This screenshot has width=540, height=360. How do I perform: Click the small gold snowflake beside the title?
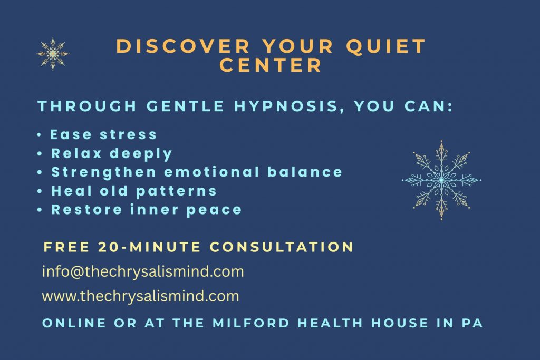pyautogui.click(x=53, y=54)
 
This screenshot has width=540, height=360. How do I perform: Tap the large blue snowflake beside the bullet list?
pyautogui.click(x=441, y=180)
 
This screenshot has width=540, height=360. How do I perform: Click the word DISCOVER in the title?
pyautogui.click(x=183, y=46)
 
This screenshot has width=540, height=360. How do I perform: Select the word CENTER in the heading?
pyautogui.click(x=271, y=65)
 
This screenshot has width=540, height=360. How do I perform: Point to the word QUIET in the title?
pyautogui.click(x=386, y=46)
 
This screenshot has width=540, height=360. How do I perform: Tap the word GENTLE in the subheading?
pyautogui.click(x=185, y=106)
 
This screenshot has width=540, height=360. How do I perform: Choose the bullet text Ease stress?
pyautogui.click(x=104, y=134)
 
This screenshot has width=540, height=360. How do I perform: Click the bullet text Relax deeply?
pyautogui.click(x=112, y=154)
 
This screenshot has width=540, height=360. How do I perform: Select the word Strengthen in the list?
pyautogui.click(x=104, y=172)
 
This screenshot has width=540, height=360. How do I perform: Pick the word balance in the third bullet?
pyautogui.click(x=305, y=172)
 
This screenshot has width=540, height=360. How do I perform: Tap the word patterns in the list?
pyautogui.click(x=176, y=191)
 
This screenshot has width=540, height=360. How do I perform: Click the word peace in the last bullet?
pyautogui.click(x=214, y=210)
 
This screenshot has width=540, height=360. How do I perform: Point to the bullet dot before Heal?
pyautogui.click(x=40, y=191)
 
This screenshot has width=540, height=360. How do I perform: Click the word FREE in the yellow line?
pyautogui.click(x=67, y=247)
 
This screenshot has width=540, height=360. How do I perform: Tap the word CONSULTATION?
pyautogui.click(x=282, y=247)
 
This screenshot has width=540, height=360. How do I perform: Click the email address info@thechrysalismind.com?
pyautogui.click(x=143, y=271)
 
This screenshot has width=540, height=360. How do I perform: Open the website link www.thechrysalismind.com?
pyautogui.click(x=140, y=296)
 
